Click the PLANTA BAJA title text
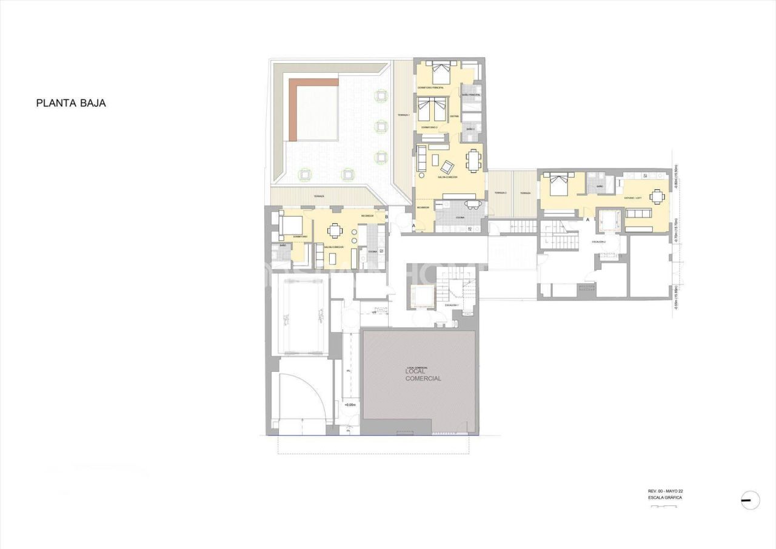pos(71,103)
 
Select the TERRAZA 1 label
pos(403,115)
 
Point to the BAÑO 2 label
pos(471,130)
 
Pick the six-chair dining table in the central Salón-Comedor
pos(473,160)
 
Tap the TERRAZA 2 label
pos(500,193)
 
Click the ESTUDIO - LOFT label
pos(635,198)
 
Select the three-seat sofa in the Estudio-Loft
pos(638,214)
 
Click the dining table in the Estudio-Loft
pos(657,195)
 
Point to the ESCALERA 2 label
pos(598,241)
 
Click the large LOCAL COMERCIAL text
pos(423,375)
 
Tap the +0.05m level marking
pos(350,405)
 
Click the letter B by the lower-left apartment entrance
pos(386,217)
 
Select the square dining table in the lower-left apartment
pos(335,231)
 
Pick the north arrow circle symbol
pos(750,500)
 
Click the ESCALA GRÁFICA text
pos(664,497)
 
